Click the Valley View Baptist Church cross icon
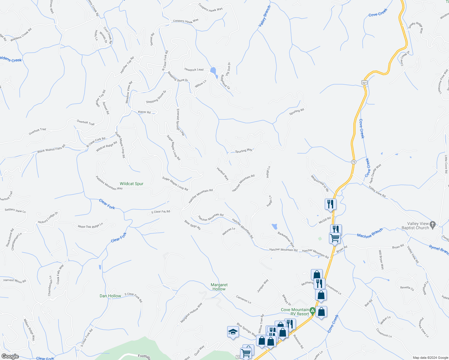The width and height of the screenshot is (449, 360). tap(432, 225)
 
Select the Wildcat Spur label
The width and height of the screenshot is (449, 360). tap(131, 184)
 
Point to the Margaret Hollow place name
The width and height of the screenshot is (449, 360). tap(219, 287)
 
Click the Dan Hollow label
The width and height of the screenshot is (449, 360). tap(110, 296)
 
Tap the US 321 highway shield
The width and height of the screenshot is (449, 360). tap(364, 82)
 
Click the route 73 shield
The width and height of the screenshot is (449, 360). tap(354, 162)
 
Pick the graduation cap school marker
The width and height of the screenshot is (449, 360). tap(233, 332)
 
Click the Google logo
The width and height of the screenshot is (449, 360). tap(10, 356)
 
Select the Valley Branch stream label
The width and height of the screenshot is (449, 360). tap(265, 16)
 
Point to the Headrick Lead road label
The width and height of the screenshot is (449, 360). tap(194, 70)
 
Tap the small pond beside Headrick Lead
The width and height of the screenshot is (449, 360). tap(213, 71)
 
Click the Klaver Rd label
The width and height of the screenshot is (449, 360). tap(144, 112)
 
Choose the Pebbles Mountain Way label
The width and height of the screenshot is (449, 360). tap(109, 183)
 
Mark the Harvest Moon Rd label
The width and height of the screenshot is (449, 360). tap(15, 281)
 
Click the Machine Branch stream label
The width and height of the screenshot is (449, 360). tap(370, 233)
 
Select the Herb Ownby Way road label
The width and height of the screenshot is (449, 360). tap(375, 174)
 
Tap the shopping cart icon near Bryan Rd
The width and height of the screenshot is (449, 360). tap(335, 238)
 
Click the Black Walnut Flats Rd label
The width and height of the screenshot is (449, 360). tap(51, 149)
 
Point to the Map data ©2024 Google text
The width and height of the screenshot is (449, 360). tap(430, 358)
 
